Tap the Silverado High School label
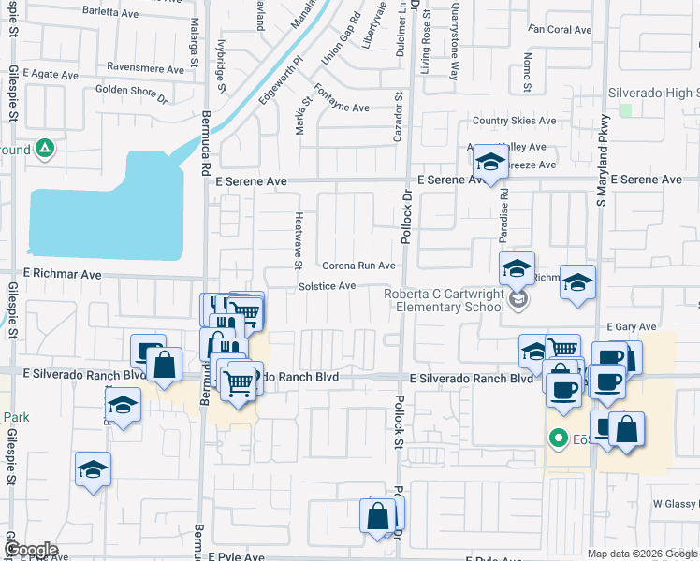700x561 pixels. pyautogui.click(x=652, y=93)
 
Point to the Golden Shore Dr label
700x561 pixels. pyautogui.click(x=131, y=93)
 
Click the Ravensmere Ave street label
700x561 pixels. pyautogui.click(x=145, y=68)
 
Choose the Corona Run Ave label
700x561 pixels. pyautogui.click(x=359, y=266)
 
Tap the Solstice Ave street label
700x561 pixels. pyautogui.click(x=327, y=285)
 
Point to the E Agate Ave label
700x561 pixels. pyautogui.click(x=51, y=72)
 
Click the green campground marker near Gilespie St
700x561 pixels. pyautogui.click(x=44, y=149)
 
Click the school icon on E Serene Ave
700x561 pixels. pyautogui.click(x=489, y=163)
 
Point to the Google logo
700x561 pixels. pyautogui.click(x=31, y=550)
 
